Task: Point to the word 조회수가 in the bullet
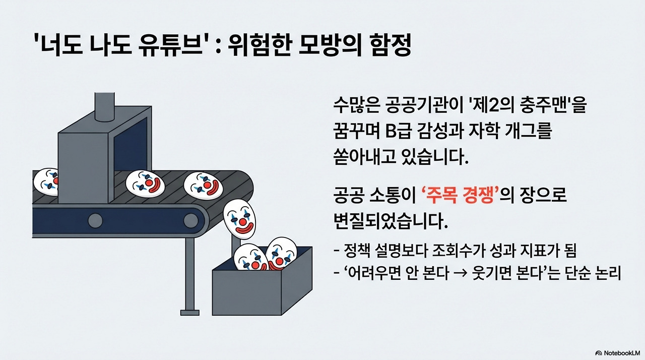tap(463, 250)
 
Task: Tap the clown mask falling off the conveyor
tap(240, 216)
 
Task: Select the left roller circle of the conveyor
tap(95, 220)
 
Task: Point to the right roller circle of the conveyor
tap(190, 220)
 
